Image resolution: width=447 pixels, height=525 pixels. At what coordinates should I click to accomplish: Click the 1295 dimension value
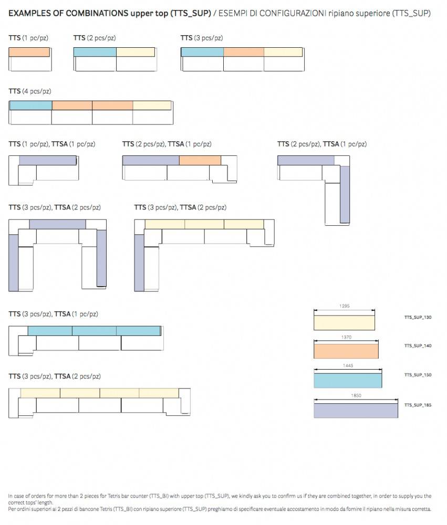point(345,306)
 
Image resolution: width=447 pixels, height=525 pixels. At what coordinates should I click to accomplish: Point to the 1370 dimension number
point(346,337)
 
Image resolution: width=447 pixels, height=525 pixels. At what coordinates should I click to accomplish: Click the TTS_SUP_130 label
point(418,318)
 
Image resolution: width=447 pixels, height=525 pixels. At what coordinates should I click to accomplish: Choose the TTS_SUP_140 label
point(418,346)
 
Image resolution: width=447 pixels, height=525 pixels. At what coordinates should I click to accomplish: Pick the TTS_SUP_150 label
point(418,375)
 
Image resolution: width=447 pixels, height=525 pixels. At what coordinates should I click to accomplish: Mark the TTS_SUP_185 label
point(418,405)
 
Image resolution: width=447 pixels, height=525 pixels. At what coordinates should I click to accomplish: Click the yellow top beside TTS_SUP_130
point(345,322)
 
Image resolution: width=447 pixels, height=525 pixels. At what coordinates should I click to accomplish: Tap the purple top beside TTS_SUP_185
point(356,410)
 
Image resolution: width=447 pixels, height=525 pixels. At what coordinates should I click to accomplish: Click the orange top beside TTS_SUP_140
point(346,350)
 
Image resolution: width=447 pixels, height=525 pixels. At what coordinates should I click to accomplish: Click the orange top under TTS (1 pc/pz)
point(29,52)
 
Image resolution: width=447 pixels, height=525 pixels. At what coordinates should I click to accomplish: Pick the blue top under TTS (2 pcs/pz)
point(95,52)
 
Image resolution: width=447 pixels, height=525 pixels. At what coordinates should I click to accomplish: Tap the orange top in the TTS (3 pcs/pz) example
point(244,52)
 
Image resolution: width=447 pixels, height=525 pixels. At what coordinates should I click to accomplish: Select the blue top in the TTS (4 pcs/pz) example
point(31,106)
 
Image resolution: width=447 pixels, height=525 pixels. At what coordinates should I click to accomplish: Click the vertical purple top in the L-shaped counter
point(345,194)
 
